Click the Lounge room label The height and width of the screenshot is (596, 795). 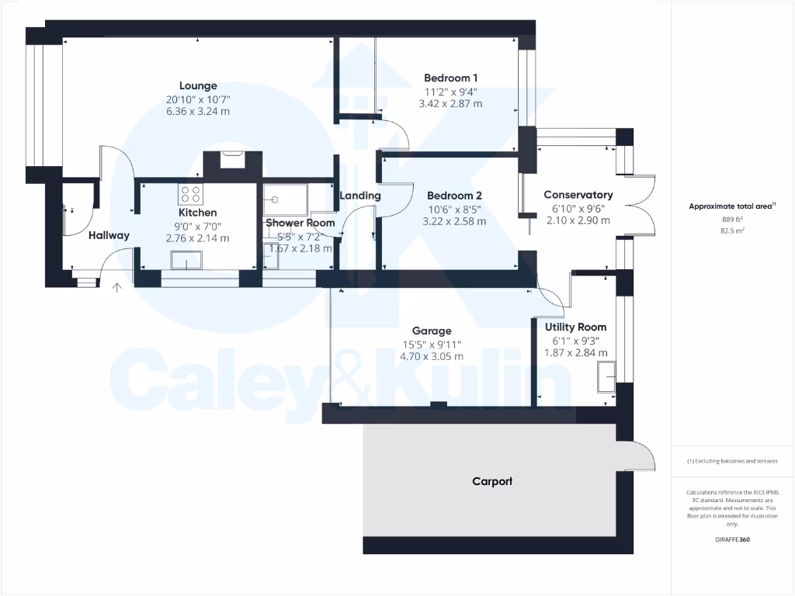pyautogui.click(x=198, y=86)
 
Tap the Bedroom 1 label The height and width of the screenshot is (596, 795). pyautogui.click(x=450, y=78)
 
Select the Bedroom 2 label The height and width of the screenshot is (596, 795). pyautogui.click(x=454, y=196)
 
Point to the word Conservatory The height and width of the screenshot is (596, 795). pyautogui.click(x=578, y=195)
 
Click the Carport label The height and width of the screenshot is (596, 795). pyautogui.click(x=492, y=481)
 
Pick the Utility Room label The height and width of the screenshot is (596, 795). pyautogui.click(x=575, y=327)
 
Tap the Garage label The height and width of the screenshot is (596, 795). pyautogui.click(x=432, y=331)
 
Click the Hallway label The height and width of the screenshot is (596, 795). pyautogui.click(x=109, y=235)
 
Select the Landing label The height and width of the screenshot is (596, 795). pyautogui.click(x=360, y=196)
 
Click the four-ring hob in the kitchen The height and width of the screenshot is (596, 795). pyautogui.click(x=190, y=194)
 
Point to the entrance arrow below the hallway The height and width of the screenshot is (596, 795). pyautogui.click(x=117, y=289)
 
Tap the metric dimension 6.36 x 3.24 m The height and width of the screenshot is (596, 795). pyautogui.click(x=198, y=112)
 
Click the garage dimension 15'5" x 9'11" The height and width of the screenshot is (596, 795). pyautogui.click(x=432, y=344)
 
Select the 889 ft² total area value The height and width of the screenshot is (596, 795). pyautogui.click(x=733, y=219)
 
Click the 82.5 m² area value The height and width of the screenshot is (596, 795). pyautogui.click(x=733, y=231)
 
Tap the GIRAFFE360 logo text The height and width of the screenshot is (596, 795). pyautogui.click(x=733, y=539)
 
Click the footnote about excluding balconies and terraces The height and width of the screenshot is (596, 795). pyautogui.click(x=733, y=461)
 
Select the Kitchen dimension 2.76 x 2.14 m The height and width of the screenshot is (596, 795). pyautogui.click(x=198, y=238)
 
